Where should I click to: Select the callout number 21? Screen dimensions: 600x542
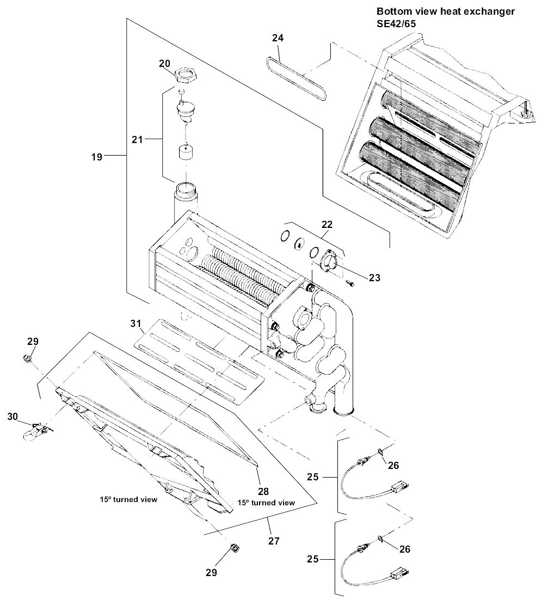point(137,139)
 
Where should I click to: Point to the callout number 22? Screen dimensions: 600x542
point(327,224)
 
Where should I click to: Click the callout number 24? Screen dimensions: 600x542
point(278,38)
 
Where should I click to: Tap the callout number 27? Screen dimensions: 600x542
point(274,541)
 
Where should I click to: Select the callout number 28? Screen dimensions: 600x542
point(263,491)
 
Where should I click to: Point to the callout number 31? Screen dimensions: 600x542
point(135,323)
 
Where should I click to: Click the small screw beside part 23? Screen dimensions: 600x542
point(350,283)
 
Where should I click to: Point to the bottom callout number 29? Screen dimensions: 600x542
point(211,572)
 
